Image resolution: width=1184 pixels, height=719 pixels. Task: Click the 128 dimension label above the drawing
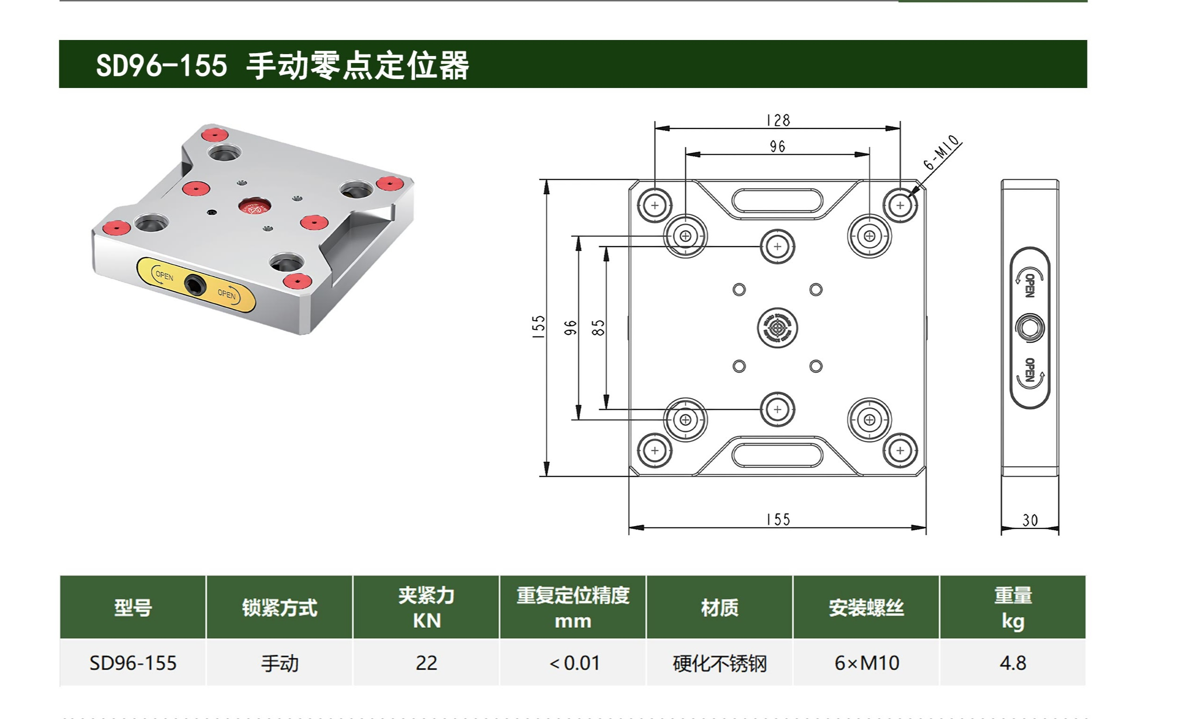pyautogui.click(x=778, y=120)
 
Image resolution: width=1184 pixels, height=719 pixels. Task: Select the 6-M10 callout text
pyautogui.click(x=942, y=153)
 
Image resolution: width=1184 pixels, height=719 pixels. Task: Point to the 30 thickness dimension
pyautogui.click(x=1030, y=520)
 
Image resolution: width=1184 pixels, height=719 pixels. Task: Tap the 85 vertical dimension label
pyautogui.click(x=598, y=328)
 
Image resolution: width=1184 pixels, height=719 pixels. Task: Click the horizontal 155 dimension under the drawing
pyautogui.click(x=778, y=519)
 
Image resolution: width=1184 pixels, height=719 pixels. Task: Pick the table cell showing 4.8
pyautogui.click(x=1013, y=663)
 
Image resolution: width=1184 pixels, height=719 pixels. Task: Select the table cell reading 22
pyautogui.click(x=426, y=663)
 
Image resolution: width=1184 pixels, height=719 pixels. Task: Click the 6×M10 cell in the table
pyautogui.click(x=866, y=663)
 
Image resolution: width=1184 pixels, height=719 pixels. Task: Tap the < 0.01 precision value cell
pyautogui.click(x=574, y=663)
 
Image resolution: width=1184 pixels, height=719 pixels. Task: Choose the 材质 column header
pyautogui.click(x=719, y=608)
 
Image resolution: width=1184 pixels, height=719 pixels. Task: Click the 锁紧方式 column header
pyautogui.click(x=280, y=608)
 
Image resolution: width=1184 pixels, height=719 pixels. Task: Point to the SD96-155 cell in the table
pyautogui.click(x=133, y=663)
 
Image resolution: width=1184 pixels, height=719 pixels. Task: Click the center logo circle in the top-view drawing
pyautogui.click(x=777, y=328)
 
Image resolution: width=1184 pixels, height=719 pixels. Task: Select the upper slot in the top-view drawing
pyautogui.click(x=777, y=200)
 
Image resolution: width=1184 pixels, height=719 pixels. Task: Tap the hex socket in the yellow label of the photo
pyautogui.click(x=195, y=285)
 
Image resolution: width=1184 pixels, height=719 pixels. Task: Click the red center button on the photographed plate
pyautogui.click(x=254, y=206)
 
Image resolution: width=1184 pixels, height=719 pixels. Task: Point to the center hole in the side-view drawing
pyautogui.click(x=1029, y=328)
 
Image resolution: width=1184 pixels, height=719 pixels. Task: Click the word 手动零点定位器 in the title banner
pyautogui.click(x=357, y=65)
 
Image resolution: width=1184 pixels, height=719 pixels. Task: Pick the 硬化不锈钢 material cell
pyautogui.click(x=719, y=663)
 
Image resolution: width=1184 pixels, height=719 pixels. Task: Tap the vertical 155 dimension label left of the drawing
pyautogui.click(x=539, y=327)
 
